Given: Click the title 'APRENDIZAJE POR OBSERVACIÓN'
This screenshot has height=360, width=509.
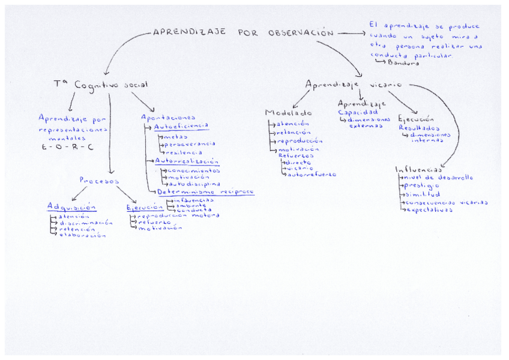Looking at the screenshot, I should click(242, 33).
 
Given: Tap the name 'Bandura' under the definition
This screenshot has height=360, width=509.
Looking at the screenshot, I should click(403, 62).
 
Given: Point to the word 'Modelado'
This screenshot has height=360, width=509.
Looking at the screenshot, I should click(288, 113).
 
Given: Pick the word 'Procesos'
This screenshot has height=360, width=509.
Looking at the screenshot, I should click(99, 180).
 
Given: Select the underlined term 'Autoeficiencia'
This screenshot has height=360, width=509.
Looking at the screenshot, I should click(181, 127).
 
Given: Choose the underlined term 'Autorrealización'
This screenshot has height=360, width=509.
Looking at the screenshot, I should click(187, 161).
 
